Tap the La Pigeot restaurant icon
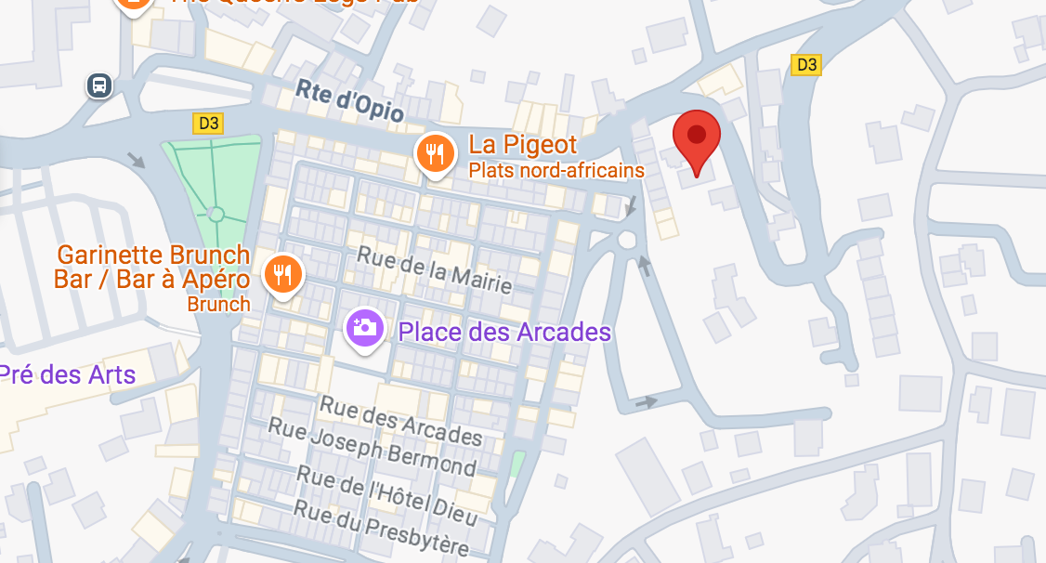coord(434,152)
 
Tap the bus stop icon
coord(99,86)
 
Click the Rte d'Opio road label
coord(350,101)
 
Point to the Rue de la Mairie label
coord(434,269)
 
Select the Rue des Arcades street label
coord(401,420)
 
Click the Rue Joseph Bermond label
coord(372,445)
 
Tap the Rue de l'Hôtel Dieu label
coord(386,490)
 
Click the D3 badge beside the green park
coord(208,123)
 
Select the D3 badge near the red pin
coord(806,64)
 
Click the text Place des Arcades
coord(504,332)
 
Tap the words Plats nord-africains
coord(556,170)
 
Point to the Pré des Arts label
coord(67,375)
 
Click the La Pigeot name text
coord(523,144)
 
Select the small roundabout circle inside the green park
coord(216,214)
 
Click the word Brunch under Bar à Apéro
coord(218,304)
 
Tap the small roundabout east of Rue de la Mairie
coord(627,241)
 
